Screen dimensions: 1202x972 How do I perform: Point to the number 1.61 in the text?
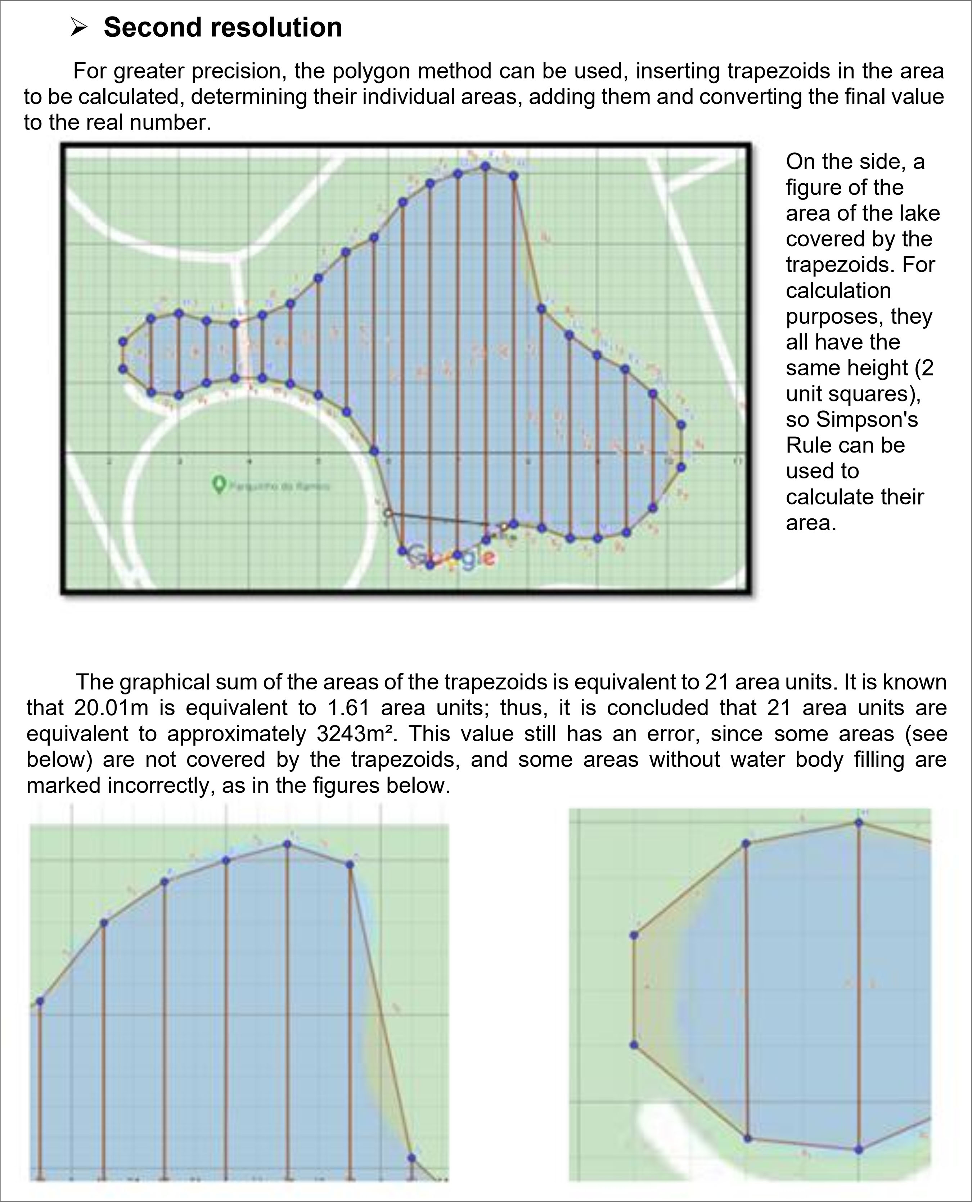[x=348, y=708]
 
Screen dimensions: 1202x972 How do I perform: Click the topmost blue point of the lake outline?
[x=485, y=166]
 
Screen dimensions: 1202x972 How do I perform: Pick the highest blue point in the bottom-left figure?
[x=287, y=844]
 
